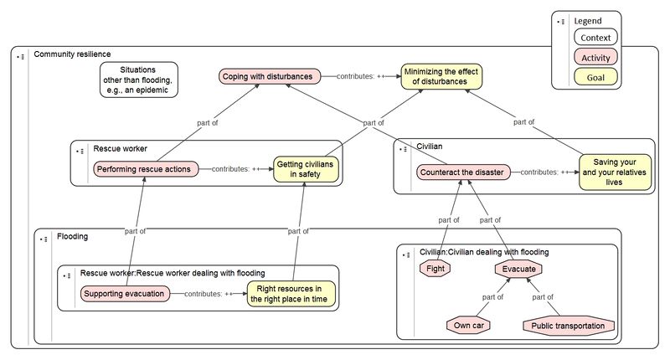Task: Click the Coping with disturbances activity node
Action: coord(269,76)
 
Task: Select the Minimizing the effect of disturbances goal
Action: coord(441,76)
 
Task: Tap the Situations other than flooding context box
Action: coord(138,80)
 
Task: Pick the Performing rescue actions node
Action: coord(145,169)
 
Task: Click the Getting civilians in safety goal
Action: coord(306,169)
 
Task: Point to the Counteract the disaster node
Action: coord(463,172)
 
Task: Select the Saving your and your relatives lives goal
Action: coord(615,172)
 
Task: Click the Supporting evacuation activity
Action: coord(125,294)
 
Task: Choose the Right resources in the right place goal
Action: coord(291,294)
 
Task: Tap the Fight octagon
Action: coord(435,269)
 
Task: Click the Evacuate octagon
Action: coord(518,269)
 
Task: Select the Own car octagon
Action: coord(468,326)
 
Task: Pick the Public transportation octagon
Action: coord(569,326)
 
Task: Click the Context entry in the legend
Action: coord(595,37)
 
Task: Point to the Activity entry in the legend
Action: coord(595,57)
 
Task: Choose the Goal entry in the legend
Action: coord(595,77)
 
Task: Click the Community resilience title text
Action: coord(72,54)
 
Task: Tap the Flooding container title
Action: coord(73,237)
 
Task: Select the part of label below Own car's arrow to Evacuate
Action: coord(492,297)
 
